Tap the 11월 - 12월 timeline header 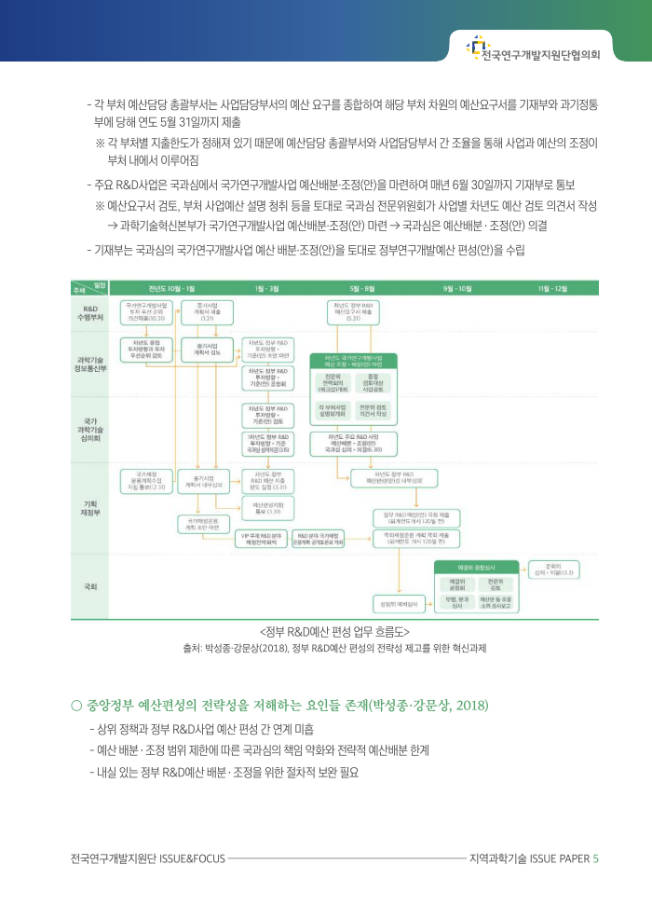click(x=552, y=289)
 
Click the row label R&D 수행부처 click(x=91, y=312)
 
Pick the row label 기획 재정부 click(x=91, y=509)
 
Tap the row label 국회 click(x=91, y=586)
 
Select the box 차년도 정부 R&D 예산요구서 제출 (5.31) click(x=354, y=309)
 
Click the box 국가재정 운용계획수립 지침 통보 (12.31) click(x=145, y=481)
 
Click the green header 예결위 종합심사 click(x=476, y=566)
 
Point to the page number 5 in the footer click(x=596, y=858)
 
